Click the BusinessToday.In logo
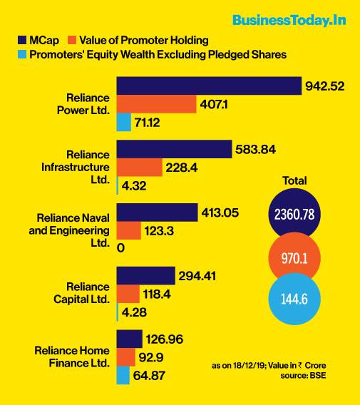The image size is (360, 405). tap(289, 19)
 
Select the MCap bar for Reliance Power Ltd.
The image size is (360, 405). tap(208, 86)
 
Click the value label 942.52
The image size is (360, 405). tap(325, 86)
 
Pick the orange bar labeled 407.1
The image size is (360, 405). tap(156, 104)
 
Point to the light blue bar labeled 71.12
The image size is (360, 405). tap(123, 122)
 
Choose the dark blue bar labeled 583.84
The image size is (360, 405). tap(174, 149)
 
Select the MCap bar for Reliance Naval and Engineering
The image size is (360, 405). tap(156, 212)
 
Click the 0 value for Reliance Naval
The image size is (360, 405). tap(120, 248)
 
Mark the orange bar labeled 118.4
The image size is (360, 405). tap(128, 293)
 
